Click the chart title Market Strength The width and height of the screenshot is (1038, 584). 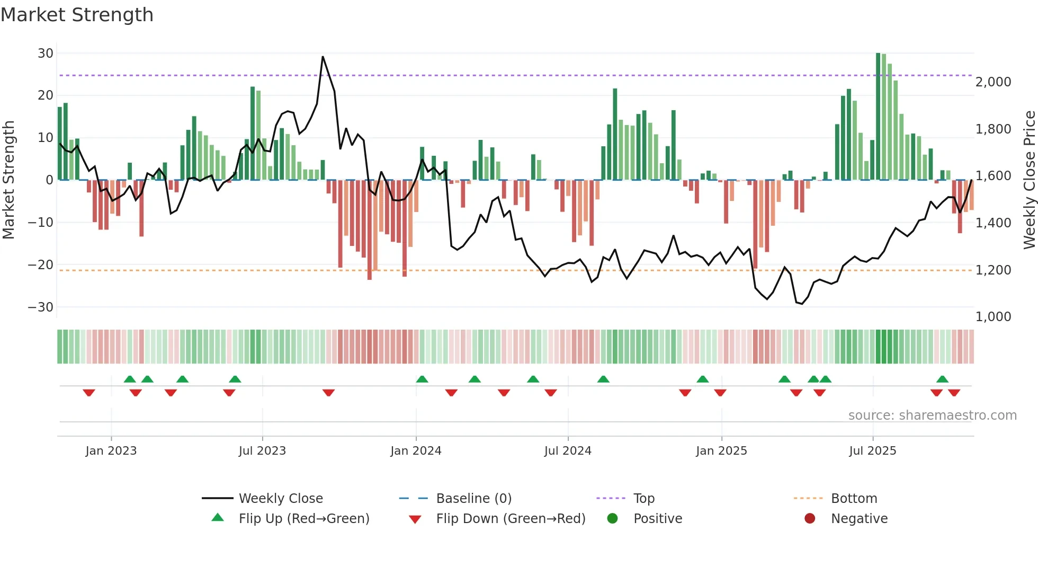point(77,15)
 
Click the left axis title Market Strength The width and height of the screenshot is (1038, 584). point(9,180)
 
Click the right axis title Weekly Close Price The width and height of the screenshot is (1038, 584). point(1030,180)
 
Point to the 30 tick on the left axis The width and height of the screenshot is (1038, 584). point(46,53)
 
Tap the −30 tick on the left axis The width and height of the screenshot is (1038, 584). point(41,307)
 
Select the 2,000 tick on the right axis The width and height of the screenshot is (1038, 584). point(993,82)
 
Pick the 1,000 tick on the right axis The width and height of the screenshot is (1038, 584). point(993,317)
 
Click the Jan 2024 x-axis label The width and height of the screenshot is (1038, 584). point(416,451)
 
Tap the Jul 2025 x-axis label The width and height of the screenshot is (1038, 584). point(872,451)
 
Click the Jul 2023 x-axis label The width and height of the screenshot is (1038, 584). point(262,451)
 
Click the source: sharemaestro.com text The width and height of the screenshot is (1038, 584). point(932,415)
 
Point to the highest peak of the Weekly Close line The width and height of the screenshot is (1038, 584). point(323,57)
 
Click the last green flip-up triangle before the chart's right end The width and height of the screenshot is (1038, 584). point(942,379)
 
